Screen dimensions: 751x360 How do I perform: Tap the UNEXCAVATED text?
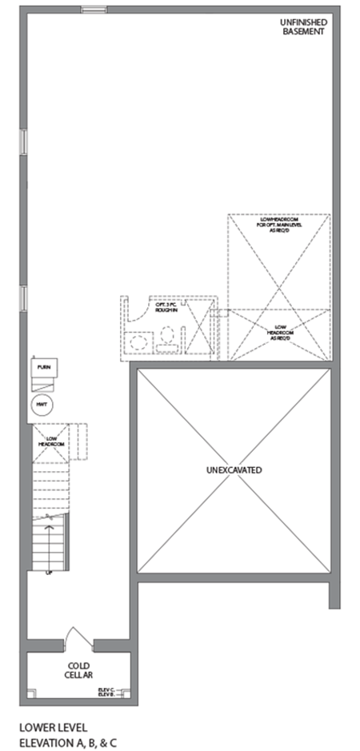[x=233, y=469]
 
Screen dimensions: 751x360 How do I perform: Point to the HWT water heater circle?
[x=42, y=405]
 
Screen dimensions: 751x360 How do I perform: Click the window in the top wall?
[x=94, y=10]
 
